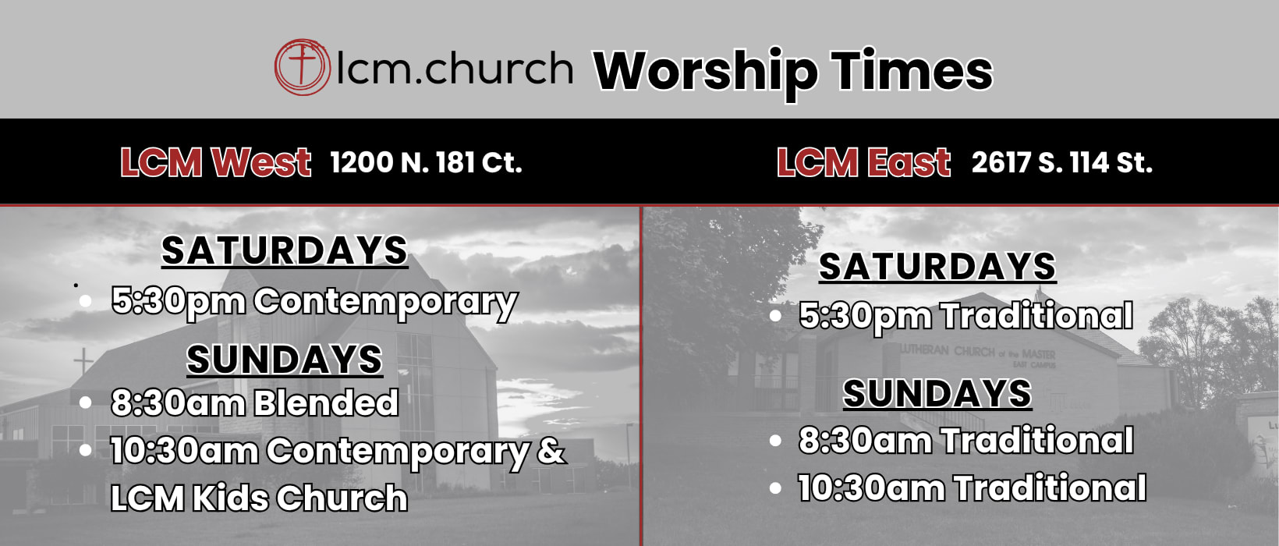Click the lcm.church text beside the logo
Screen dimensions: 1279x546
coord(455,68)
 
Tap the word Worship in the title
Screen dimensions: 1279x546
coord(705,73)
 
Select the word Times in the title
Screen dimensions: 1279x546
coord(912,70)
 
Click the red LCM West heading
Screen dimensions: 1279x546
coord(215,163)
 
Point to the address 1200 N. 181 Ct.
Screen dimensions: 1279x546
coord(426,163)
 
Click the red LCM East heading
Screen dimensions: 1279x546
coord(863,163)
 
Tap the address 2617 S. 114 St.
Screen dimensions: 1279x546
coord(1062,163)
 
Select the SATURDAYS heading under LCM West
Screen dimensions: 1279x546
coord(285,250)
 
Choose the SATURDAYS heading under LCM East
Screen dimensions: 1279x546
coord(937,266)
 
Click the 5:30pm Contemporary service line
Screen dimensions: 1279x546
coord(314,302)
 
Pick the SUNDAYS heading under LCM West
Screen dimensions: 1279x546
coord(285,360)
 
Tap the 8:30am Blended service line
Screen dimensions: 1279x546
coord(255,402)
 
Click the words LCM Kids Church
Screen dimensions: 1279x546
coord(259,498)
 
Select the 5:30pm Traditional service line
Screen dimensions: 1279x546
coord(966,317)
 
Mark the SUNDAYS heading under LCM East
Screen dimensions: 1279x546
coord(937,393)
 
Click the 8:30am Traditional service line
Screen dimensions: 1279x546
coord(966,441)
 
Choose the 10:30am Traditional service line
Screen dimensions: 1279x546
coord(972,488)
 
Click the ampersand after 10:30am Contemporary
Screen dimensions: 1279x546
coord(551,450)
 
